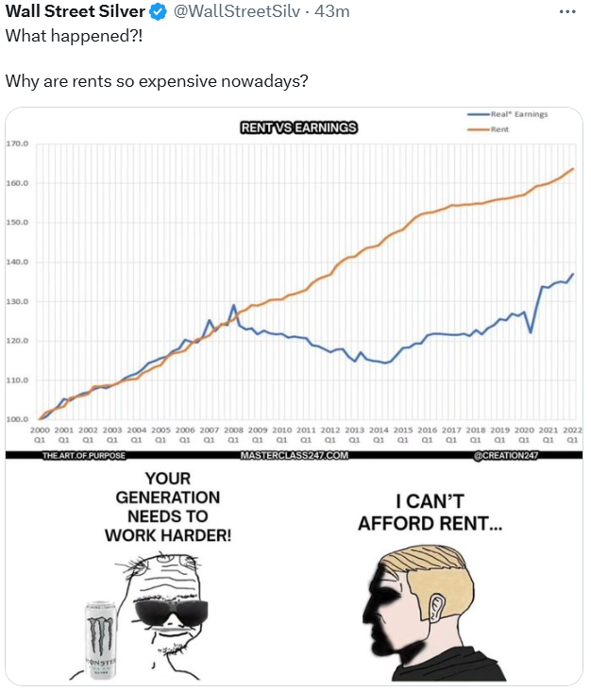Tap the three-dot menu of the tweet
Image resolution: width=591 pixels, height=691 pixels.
(x=566, y=11)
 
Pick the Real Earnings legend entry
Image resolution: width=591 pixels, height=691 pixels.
(x=518, y=114)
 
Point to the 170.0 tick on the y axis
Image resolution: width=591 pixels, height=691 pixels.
(x=18, y=143)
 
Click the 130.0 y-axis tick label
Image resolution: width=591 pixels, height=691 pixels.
(x=18, y=301)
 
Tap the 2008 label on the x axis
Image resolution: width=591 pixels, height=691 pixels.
(x=233, y=430)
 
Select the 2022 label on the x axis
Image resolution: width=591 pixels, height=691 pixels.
(x=572, y=430)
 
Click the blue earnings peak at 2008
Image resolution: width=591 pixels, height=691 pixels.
(x=234, y=305)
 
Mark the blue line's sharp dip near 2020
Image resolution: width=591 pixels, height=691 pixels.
(x=531, y=332)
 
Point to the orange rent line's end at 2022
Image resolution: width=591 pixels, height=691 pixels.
(x=573, y=169)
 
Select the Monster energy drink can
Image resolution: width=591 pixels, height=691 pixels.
(x=100, y=640)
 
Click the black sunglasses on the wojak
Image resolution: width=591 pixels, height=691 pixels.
(x=170, y=613)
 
